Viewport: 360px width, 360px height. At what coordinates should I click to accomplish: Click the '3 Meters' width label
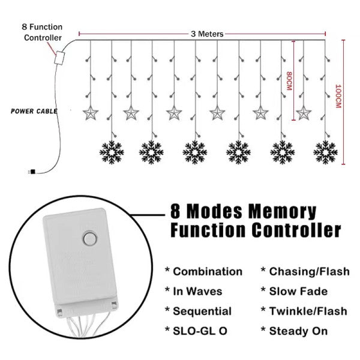[x=207, y=34]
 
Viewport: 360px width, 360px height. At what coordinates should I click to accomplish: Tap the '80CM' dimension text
[x=289, y=81]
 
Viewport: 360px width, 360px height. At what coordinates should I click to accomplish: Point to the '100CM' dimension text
[x=338, y=96]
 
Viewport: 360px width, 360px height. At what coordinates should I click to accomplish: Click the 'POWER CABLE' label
[x=34, y=112]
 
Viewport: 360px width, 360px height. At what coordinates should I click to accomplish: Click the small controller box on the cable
[x=59, y=58]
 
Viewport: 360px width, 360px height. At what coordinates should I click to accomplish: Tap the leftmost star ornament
[x=91, y=113]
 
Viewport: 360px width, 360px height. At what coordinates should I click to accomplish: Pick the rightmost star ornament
[x=304, y=113]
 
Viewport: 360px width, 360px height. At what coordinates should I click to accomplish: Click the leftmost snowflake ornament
[x=112, y=152]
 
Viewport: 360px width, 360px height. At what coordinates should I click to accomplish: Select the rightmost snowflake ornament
[x=326, y=152]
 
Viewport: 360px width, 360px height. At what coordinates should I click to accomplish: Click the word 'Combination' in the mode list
[x=208, y=272]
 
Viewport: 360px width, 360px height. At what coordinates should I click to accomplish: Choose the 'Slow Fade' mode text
[x=298, y=292]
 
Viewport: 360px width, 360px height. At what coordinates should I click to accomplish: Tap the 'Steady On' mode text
[x=298, y=331]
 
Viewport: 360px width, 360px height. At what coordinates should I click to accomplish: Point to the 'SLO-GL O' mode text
[x=200, y=331]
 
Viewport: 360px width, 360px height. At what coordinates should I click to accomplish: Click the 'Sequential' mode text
[x=202, y=311]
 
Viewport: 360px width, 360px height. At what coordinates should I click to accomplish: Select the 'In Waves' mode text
[x=197, y=292]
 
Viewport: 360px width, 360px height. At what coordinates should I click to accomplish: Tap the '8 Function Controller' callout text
[x=42, y=32]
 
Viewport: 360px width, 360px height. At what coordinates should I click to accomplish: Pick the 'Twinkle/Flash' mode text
[x=308, y=311]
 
